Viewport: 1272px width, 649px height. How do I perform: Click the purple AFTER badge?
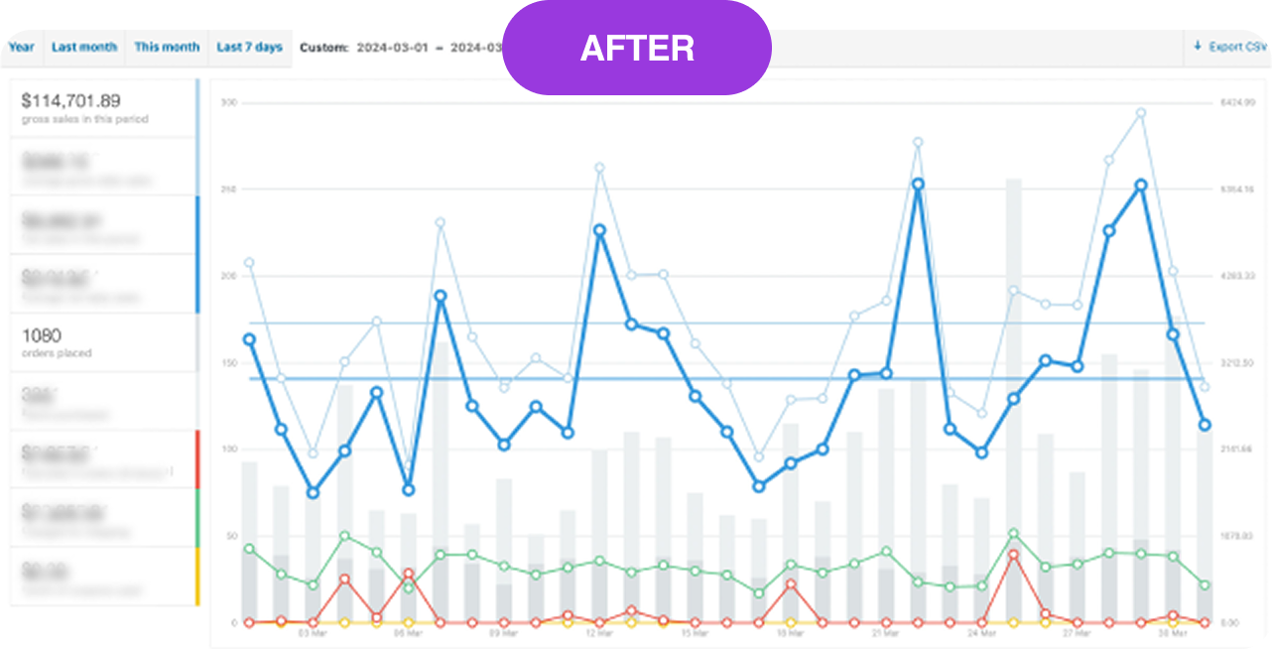[637, 48]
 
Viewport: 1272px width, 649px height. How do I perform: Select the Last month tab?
[84, 47]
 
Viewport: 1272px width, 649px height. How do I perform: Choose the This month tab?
[167, 47]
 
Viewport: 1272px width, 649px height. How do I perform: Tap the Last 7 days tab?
[249, 47]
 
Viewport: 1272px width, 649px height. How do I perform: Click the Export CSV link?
[1230, 47]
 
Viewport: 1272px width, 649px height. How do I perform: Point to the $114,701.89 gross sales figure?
[71, 100]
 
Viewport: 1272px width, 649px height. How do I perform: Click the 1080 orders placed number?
[42, 335]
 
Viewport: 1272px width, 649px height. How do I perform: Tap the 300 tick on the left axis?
[228, 102]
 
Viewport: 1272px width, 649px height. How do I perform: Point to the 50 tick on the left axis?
[230, 536]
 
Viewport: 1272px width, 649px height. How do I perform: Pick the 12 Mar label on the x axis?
[598, 632]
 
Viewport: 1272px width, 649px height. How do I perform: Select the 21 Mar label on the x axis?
[885, 632]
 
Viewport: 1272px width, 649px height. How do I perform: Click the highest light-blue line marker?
[1140, 113]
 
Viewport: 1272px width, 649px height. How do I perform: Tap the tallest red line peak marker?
[1013, 556]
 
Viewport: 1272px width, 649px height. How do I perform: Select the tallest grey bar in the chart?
[1013, 397]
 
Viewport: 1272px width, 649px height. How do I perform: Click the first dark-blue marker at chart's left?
[249, 339]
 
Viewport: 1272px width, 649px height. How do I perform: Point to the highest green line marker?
[1013, 534]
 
